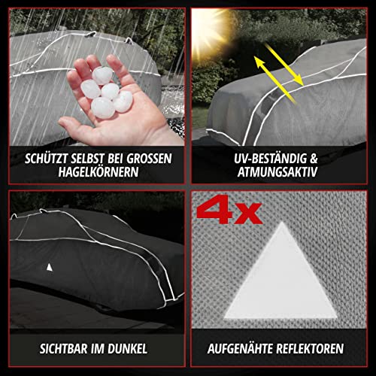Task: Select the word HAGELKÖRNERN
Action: [99, 172]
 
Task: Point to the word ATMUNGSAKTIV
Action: [277, 172]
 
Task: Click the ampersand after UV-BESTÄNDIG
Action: [314, 159]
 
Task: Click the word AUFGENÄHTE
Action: [240, 349]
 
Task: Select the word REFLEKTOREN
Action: [310, 349]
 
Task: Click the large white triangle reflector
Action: [280, 278]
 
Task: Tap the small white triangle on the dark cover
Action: [50, 268]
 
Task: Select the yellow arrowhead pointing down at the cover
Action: [298, 80]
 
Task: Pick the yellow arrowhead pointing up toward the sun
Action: [259, 62]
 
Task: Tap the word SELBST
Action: [89, 159]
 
